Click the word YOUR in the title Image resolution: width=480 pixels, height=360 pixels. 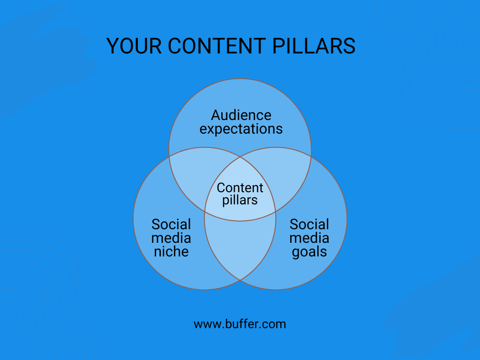pyautogui.click(x=134, y=46)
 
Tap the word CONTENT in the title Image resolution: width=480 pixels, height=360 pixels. pyautogui.click(x=217, y=46)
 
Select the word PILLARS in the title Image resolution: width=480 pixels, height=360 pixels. pyautogui.click(x=314, y=46)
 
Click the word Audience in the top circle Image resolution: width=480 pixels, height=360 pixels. pyautogui.click(x=241, y=115)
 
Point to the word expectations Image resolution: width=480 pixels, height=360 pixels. pyautogui.click(x=241, y=129)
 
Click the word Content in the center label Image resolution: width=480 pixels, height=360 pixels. pyautogui.click(x=240, y=187)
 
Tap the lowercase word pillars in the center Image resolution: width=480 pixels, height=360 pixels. pyautogui.click(x=240, y=200)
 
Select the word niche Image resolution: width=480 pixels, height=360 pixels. pyautogui.click(x=171, y=252)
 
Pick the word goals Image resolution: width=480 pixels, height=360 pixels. pyautogui.click(x=309, y=252)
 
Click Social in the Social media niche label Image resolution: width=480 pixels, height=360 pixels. pyautogui.click(x=171, y=225)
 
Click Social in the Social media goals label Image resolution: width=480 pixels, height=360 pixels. pyautogui.click(x=309, y=225)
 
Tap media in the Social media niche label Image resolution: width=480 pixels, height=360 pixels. pyautogui.click(x=171, y=238)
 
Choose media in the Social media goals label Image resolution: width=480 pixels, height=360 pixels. pyautogui.click(x=309, y=238)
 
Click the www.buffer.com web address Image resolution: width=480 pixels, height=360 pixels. pyautogui.click(x=240, y=324)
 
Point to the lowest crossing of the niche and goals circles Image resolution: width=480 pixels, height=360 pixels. pyautogui.click(x=240, y=280)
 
